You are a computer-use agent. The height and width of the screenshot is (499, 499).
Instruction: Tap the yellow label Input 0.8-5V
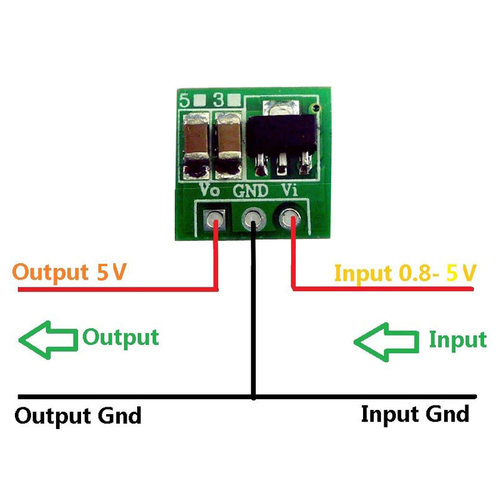coord(405,273)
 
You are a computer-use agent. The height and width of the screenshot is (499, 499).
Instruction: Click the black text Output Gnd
coord(78,416)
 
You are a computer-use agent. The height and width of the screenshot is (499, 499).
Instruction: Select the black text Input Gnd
coord(415,414)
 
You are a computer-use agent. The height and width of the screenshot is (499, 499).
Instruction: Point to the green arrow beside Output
coord(48,340)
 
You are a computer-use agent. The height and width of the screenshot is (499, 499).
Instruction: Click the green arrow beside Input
coord(386,342)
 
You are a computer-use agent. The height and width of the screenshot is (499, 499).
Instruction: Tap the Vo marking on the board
coord(210,190)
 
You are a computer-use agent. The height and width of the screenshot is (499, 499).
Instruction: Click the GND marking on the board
coord(251,191)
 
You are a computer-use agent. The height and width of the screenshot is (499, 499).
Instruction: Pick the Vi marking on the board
coord(289,190)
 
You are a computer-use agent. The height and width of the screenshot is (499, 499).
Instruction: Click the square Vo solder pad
coord(214,220)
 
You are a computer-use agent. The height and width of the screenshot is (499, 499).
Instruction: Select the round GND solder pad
coord(254,220)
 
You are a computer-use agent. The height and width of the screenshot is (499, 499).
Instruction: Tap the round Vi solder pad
coord(290,219)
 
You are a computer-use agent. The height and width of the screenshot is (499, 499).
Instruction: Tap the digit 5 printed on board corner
coord(185,100)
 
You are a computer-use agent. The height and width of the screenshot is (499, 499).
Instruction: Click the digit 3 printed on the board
coord(219,100)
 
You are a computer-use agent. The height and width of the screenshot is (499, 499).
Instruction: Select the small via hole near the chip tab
coord(314,107)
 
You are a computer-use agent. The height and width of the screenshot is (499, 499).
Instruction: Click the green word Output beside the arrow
coord(120,338)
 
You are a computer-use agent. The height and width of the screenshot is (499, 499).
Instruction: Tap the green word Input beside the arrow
coord(458,340)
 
